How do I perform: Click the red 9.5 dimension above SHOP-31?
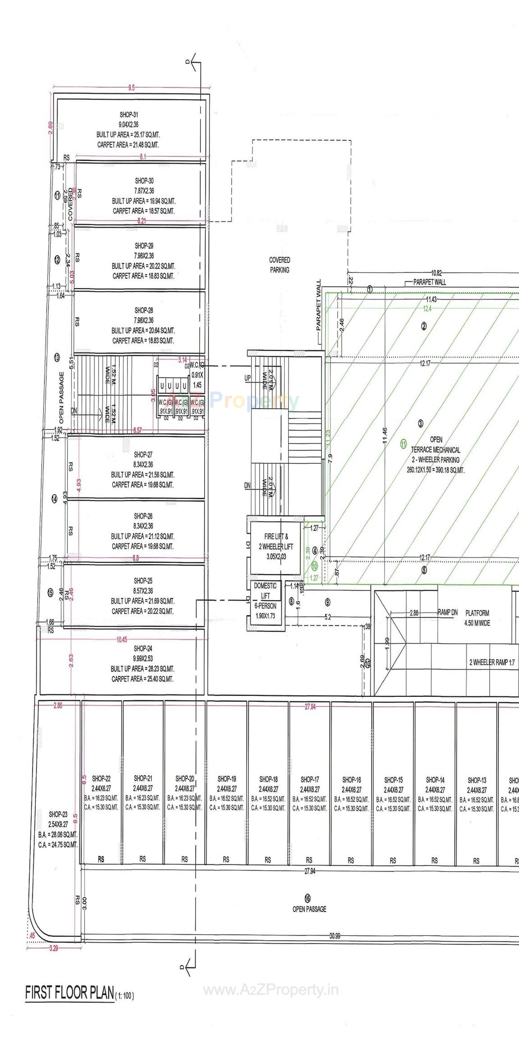tap(131, 88)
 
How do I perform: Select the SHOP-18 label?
tap(269, 779)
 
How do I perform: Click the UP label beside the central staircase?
tap(247, 378)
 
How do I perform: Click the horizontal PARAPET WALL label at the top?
tap(429, 282)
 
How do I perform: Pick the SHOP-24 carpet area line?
tap(142, 679)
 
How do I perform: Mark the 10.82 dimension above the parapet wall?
tap(436, 273)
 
